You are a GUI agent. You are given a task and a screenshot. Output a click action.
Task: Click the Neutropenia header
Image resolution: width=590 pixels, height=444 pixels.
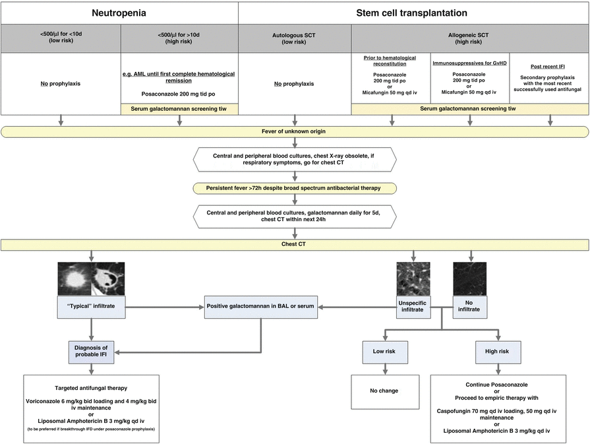119,12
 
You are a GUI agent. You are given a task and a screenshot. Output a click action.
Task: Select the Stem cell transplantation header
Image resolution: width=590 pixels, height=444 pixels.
413,12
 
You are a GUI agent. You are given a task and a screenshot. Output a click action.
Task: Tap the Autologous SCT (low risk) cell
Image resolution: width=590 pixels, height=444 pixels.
295,39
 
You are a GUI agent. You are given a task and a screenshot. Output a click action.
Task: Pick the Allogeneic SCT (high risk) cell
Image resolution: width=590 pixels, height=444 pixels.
470,39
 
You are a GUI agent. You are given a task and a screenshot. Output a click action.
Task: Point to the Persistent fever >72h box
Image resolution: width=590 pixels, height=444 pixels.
295,187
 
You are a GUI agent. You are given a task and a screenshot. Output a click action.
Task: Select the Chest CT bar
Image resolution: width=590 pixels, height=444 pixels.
295,244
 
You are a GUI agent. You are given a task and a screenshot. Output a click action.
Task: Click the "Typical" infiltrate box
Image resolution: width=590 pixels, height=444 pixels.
91,306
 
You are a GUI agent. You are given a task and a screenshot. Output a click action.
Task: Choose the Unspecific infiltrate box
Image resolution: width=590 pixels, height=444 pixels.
414,306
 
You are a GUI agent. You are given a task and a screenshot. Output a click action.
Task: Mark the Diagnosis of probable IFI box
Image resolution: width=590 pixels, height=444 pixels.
91,352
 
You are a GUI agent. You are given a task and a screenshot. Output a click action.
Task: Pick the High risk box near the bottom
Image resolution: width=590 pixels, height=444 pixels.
498,352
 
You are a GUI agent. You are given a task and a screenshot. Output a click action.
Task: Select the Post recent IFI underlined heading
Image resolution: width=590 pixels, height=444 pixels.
550,67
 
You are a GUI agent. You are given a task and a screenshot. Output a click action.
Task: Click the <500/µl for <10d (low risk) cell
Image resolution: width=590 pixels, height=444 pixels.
61,39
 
